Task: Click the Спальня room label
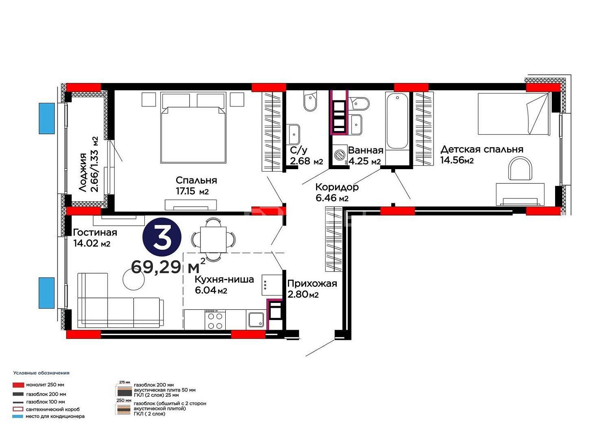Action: point(196,180)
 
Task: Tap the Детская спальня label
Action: point(482,149)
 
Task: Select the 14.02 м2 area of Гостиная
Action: point(92,243)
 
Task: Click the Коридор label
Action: point(337,187)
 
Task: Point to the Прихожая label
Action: point(312,284)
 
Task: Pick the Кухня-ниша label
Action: point(224,279)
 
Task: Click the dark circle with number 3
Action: point(162,237)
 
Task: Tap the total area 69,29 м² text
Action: point(168,267)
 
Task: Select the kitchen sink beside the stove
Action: point(255,320)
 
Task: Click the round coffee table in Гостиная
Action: point(134,279)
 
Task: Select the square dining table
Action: point(213,239)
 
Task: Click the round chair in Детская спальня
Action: point(520,168)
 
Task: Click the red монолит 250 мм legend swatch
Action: point(18,385)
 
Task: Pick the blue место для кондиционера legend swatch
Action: point(18,417)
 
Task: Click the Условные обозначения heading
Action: point(41,373)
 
